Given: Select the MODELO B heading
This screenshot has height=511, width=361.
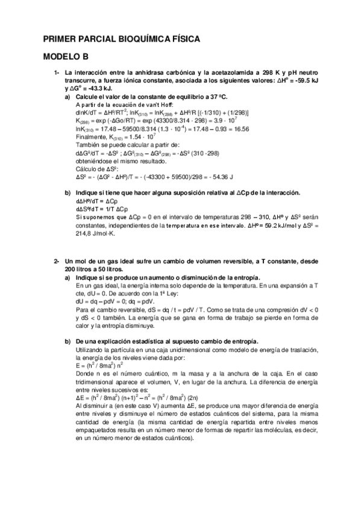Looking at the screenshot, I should tap(66, 57).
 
